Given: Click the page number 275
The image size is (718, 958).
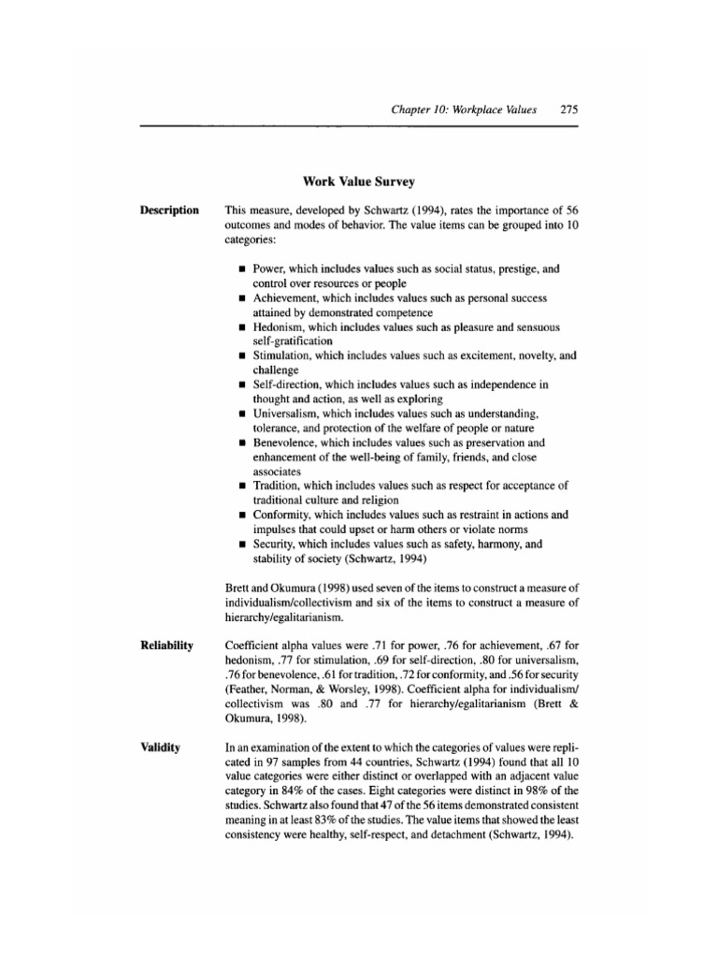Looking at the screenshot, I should point(568,109).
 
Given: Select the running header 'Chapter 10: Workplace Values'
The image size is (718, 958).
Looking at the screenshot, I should point(465,109).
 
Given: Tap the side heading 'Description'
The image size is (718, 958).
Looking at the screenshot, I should point(169,210).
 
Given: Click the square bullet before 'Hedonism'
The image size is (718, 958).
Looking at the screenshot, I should point(242,328).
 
